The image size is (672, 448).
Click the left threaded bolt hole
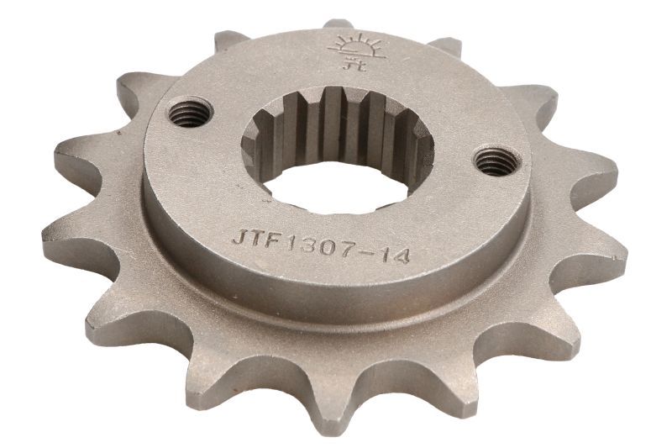[x=191, y=112]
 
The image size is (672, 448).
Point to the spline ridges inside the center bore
[x=336, y=126]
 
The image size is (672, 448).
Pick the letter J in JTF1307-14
[x=239, y=238]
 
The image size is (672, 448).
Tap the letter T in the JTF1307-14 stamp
[x=257, y=240]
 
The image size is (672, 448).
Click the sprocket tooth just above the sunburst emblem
[x=339, y=24]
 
